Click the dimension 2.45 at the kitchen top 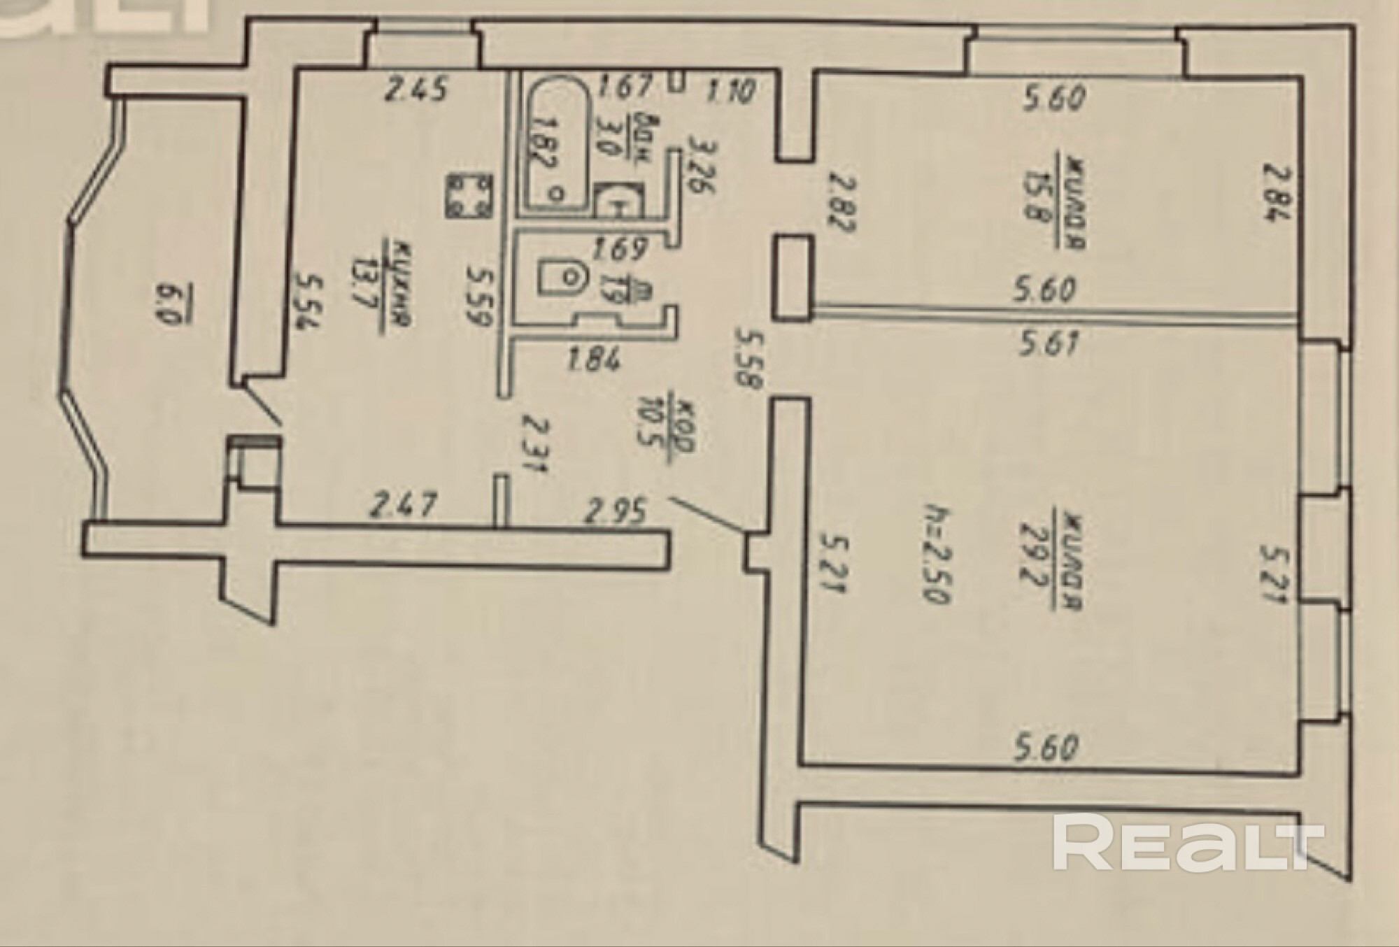pyautogui.click(x=418, y=90)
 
